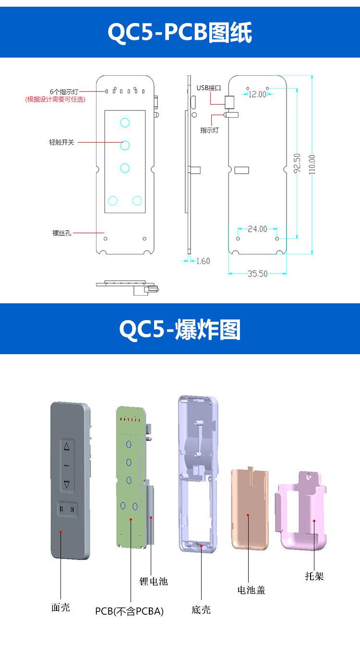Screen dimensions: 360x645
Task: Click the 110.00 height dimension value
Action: [312, 165]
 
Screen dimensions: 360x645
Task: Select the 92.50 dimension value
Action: [297, 163]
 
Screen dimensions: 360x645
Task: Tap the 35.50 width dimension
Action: [258, 274]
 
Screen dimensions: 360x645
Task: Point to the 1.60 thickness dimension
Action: [203, 261]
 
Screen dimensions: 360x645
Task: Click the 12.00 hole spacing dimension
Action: [257, 95]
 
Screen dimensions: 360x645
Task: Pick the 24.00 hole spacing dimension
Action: [258, 229]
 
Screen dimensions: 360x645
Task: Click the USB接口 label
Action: [209, 88]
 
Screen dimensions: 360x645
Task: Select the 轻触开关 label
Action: [61, 143]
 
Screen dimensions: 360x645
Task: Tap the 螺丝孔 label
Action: [62, 233]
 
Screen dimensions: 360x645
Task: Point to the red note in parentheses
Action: [55, 99]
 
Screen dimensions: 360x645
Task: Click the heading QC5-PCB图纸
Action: [180, 33]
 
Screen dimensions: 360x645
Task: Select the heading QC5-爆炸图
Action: [180, 330]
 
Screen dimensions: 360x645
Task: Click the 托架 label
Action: [314, 576]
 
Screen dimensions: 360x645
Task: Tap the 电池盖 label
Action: [251, 590]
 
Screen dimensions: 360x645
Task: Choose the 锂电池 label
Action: [154, 581]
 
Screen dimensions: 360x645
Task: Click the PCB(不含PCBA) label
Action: [129, 611]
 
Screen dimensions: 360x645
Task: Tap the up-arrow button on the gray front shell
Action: [67, 447]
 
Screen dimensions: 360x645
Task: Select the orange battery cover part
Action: [250, 509]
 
